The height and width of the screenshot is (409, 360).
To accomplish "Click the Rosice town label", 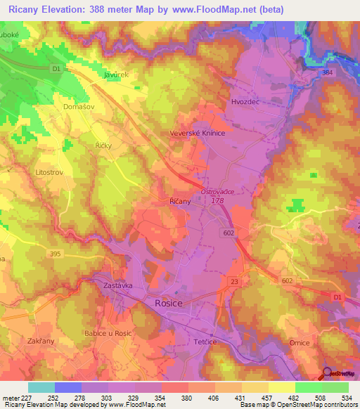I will click(168, 303).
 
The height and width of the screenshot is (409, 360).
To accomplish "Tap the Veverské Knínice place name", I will click(197, 133).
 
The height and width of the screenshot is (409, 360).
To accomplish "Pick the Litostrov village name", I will click(50, 171).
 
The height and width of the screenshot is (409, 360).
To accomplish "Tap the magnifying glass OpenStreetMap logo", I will click(326, 373).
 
